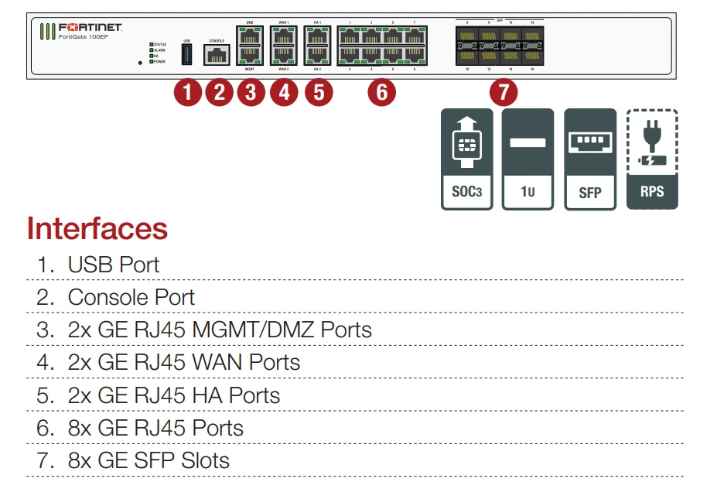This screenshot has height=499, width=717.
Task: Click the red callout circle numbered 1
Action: point(186,93)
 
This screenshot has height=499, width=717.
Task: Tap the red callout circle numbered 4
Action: point(283,93)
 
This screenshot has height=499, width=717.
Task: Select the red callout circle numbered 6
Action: point(381,93)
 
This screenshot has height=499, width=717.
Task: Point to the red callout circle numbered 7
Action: point(504,93)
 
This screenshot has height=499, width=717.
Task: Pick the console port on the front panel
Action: point(217,54)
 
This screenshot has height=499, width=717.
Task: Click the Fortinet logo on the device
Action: point(90,27)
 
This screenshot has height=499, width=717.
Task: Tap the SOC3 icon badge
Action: point(466,159)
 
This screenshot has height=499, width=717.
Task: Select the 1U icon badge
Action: point(528,159)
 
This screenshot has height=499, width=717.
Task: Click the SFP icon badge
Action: point(589,159)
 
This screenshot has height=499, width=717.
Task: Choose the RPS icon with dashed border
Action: point(651,159)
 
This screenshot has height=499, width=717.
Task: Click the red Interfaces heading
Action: point(97,228)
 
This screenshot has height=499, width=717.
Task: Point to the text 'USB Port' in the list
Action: point(113,265)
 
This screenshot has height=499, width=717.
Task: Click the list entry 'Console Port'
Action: point(131,297)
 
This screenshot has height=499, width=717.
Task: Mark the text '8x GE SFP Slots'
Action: point(149,460)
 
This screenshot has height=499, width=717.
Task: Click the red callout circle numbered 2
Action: point(219,93)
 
